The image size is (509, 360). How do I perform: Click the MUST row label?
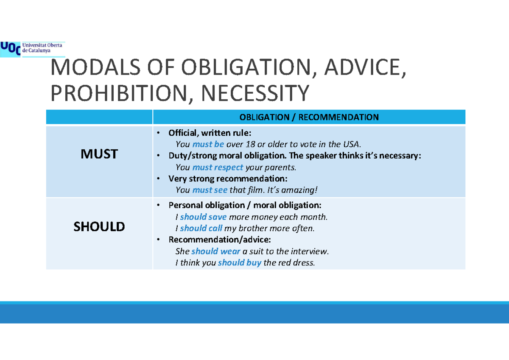pos(99,154)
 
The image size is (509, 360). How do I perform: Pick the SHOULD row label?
pos(99,227)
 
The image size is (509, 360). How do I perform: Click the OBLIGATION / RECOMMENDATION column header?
pos(309,117)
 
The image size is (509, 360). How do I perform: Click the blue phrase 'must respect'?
pos(218,167)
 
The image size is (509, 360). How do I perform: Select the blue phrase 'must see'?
pos(210,190)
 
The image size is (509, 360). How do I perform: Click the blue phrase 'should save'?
pos(203,217)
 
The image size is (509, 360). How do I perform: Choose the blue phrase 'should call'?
pos(201,229)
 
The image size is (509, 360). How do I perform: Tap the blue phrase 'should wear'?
pos(215,251)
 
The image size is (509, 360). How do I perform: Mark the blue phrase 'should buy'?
pos(239,263)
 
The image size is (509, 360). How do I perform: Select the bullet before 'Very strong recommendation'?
pos(158,179)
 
